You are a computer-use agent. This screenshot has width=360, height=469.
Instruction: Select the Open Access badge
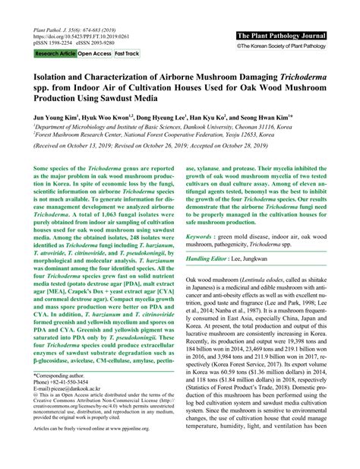pyautogui.click(x=93, y=54)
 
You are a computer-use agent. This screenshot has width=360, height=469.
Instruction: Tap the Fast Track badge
pyautogui.click(x=127, y=54)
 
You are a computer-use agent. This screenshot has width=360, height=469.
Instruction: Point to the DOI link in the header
pyautogui.click(x=84, y=35)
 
